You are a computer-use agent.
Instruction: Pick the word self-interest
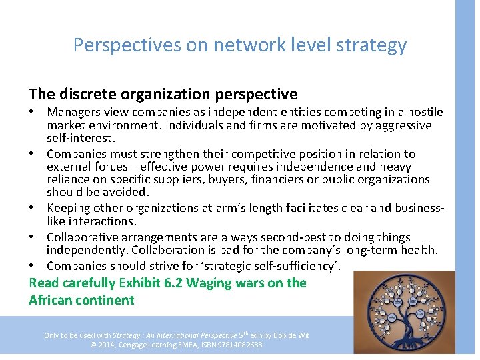81,138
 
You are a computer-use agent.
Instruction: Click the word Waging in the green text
211,283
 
